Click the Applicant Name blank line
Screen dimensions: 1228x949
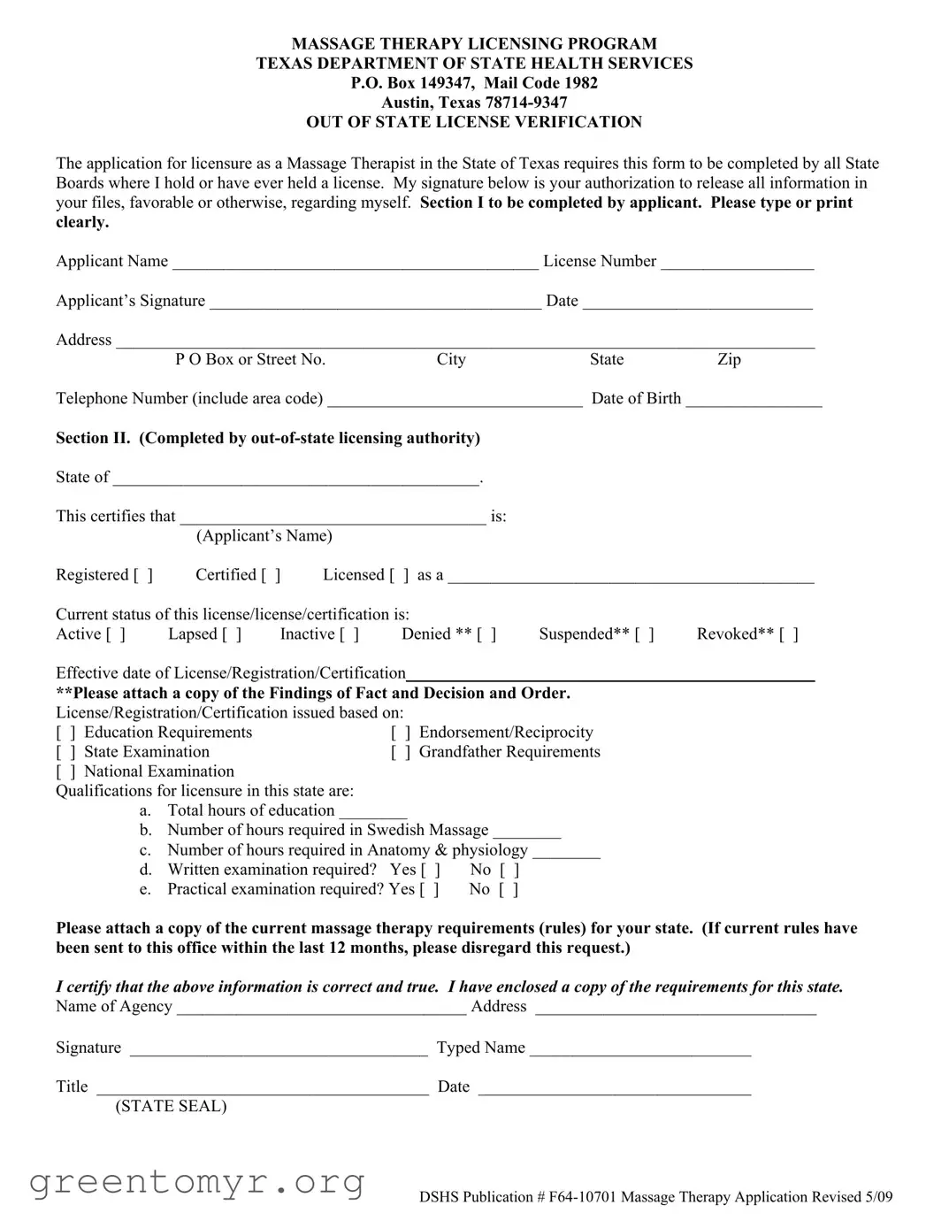click(355, 262)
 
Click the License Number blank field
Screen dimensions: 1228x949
click(737, 262)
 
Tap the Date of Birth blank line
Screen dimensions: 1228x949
click(754, 399)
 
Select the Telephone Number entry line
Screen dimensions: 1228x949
click(455, 399)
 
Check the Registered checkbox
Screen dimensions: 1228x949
click(143, 575)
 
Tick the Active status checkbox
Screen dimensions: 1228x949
click(116, 634)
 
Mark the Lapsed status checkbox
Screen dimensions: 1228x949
click(232, 634)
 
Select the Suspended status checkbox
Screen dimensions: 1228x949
click(645, 634)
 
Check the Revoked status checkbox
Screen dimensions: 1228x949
click(789, 634)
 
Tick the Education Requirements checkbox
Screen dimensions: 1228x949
click(66, 733)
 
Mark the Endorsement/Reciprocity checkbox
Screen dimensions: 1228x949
click(401, 733)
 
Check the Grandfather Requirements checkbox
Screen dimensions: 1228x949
click(401, 752)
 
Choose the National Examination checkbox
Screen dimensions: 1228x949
click(66, 771)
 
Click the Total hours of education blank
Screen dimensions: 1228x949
click(372, 811)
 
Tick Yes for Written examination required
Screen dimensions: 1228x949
click(431, 871)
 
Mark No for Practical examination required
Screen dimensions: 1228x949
click(509, 890)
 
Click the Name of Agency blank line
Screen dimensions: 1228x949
click(321, 1007)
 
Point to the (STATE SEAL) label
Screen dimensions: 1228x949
click(171, 1107)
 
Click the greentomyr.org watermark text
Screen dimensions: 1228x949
click(197, 1182)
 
